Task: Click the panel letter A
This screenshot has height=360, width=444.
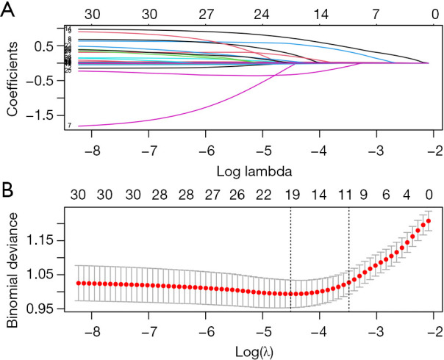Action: pos(10,10)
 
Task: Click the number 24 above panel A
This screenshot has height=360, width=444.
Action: pos(262,12)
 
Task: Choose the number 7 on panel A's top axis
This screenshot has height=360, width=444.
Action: pos(376,12)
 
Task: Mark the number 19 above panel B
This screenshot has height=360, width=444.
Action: pos(292,195)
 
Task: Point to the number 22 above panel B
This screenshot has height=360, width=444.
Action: pos(264,195)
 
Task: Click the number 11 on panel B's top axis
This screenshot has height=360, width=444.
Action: pos(345,195)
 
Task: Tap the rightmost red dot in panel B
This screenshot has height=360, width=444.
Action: pos(429,221)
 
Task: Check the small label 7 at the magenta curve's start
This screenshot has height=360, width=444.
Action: pos(69,126)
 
